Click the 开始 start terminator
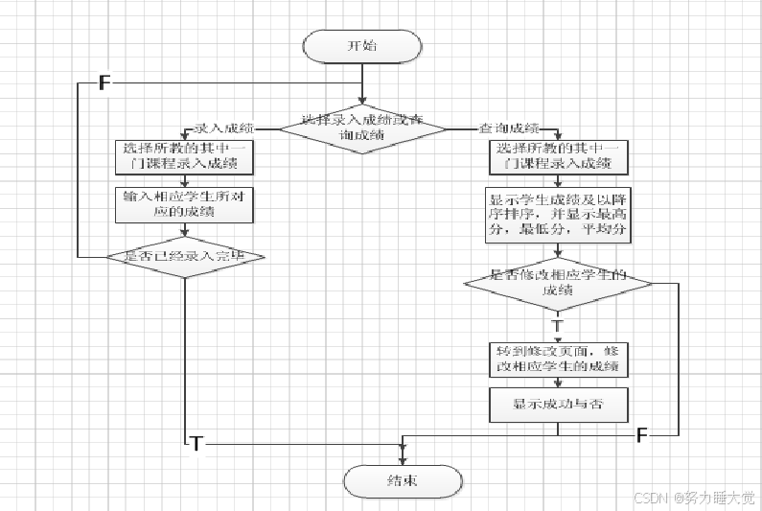click(361, 44)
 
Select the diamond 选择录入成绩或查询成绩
click(362, 128)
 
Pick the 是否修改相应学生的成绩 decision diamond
click(557, 282)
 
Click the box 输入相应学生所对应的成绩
click(183, 204)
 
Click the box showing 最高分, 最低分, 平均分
click(558, 214)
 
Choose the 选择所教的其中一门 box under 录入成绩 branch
click(183, 156)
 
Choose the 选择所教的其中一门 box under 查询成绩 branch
click(558, 156)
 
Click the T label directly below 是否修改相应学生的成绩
click(558, 325)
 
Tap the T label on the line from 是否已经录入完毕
click(196, 443)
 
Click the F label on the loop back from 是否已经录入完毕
click(104, 82)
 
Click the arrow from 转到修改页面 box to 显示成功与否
click(558, 382)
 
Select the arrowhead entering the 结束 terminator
click(403, 461)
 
